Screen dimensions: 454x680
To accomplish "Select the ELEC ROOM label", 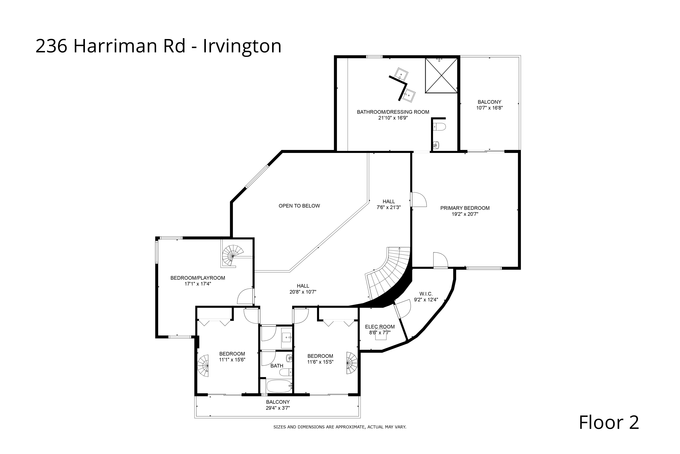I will click(380, 327).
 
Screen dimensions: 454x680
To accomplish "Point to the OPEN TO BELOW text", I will click(299, 206).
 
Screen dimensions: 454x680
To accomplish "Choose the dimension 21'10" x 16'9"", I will click(393, 118).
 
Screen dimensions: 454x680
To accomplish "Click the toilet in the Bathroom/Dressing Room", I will click(440, 127).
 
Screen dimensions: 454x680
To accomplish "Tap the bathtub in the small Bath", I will click(279, 386).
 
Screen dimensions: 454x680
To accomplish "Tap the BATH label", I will click(277, 366).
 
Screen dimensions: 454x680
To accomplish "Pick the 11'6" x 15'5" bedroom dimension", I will click(320, 362).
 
